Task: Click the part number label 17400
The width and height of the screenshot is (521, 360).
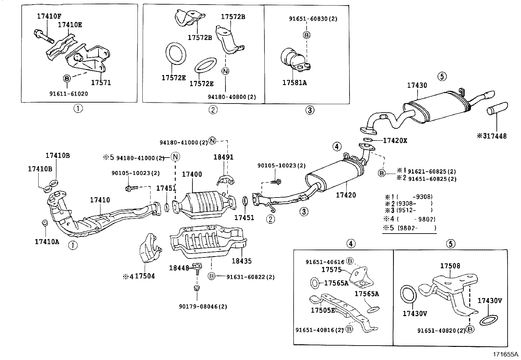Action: click(x=192, y=175)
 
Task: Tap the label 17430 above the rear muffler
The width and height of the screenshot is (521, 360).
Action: click(x=417, y=85)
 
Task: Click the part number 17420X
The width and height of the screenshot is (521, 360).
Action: click(x=395, y=141)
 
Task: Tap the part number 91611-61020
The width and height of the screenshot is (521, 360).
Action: click(x=69, y=94)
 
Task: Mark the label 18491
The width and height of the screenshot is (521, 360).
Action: click(x=224, y=157)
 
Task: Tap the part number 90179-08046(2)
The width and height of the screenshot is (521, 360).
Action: click(x=203, y=307)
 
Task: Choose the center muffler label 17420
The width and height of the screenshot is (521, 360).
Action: click(x=346, y=195)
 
